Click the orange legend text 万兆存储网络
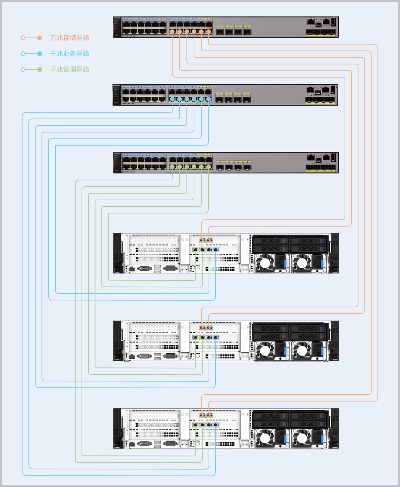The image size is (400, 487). (70, 38)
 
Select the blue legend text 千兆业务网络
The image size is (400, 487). (70, 53)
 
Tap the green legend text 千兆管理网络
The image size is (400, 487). (70, 69)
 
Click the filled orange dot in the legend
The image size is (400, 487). (39, 38)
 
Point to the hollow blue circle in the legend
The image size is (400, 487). (23, 53)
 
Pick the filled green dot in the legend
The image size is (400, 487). (39, 69)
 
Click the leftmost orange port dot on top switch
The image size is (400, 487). (172, 32)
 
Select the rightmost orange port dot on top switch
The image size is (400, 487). (209, 32)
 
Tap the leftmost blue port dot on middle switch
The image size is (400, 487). (172, 99)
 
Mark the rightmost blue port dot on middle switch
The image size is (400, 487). (209, 99)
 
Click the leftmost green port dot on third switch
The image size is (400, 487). (172, 167)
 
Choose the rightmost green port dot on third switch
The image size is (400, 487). (209, 167)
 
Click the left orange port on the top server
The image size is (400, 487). (202, 240)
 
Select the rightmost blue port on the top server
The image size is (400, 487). (216, 249)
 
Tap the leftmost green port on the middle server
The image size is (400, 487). (196, 337)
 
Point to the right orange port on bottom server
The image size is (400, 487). (209, 415)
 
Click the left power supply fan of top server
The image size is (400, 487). (265, 263)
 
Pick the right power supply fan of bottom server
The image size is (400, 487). (302, 438)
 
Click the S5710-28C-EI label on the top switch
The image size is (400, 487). (128, 36)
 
